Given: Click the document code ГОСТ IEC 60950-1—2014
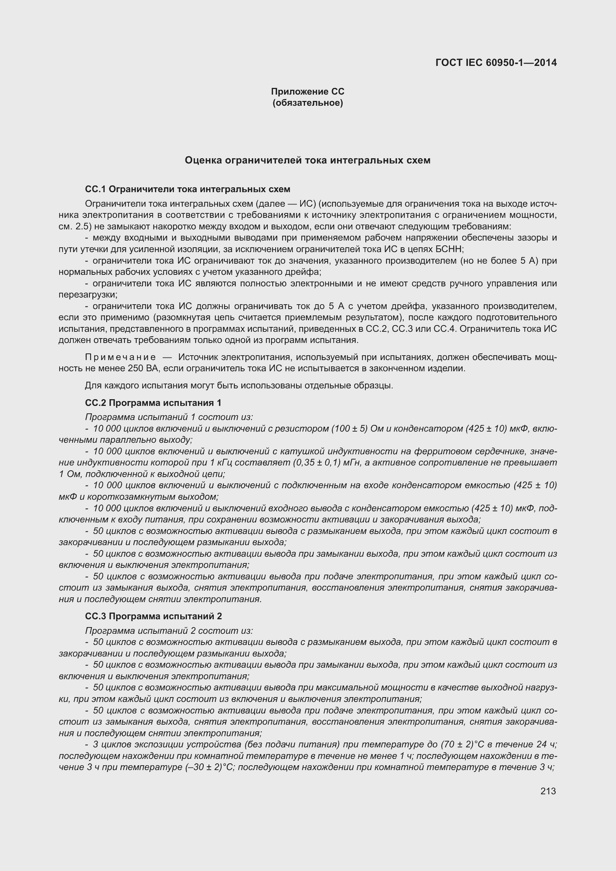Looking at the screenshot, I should pos(496,63).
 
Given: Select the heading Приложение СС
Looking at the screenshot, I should pos(307,92).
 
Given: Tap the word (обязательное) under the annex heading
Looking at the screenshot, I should pos(307,103).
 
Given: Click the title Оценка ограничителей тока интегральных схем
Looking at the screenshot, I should pos(307,160).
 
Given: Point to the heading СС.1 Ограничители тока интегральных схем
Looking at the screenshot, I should pos(187,189).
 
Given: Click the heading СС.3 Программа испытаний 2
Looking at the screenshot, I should pos(153,616).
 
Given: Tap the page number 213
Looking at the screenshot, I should pos(548,791).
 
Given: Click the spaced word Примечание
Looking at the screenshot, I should pos(120,357).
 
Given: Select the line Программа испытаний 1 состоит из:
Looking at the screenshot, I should pos(169,417).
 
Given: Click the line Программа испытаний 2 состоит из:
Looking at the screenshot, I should pos(169,631).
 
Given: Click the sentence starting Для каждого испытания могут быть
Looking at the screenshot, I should pos(239,386).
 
